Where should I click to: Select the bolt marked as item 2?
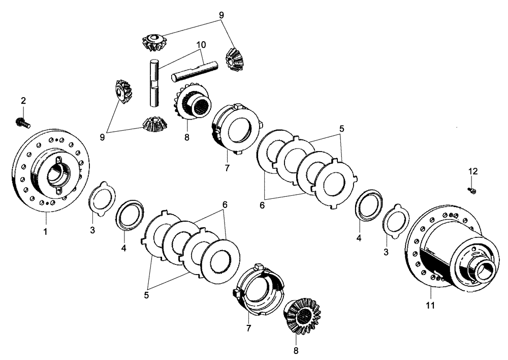(23, 122)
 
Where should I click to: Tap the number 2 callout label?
(23, 101)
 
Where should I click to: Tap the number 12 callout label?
(473, 171)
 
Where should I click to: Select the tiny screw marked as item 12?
(471, 190)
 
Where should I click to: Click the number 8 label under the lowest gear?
(296, 350)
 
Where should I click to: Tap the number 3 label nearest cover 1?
(92, 231)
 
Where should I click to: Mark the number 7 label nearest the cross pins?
(227, 167)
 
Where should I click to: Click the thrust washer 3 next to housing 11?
(396, 222)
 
